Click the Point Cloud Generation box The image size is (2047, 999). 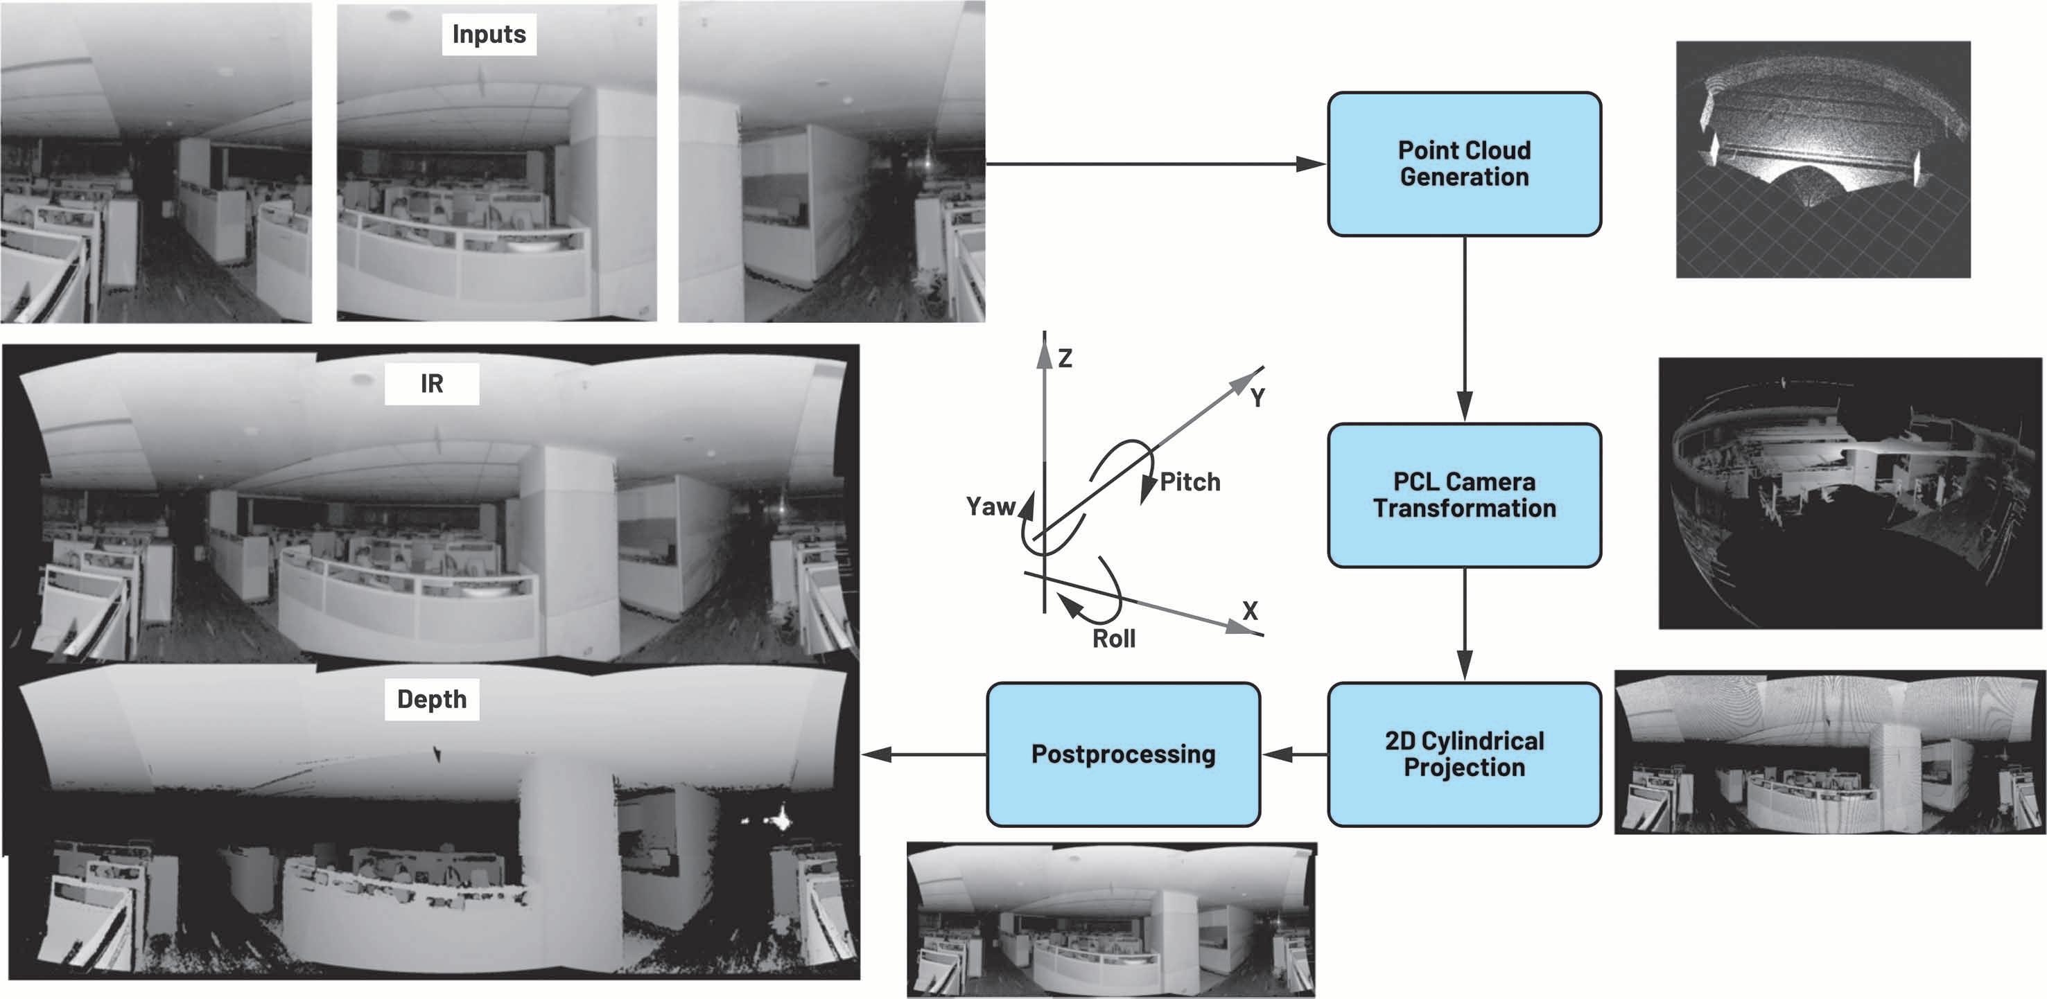coord(1464,163)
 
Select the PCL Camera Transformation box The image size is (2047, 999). coord(1464,495)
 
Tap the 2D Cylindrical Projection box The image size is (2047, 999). coord(1464,754)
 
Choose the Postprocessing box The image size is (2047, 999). coord(1123,754)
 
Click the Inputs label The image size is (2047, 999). coord(489,34)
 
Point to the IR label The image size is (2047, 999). coord(431,384)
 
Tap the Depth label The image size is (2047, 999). coord(431,699)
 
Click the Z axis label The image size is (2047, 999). coord(1065,358)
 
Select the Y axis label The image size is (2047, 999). coord(1257,397)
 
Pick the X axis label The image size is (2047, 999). coord(1250,610)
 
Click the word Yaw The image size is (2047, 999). coord(990,506)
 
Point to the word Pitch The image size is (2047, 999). coord(1190,481)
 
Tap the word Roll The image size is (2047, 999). coord(1113,639)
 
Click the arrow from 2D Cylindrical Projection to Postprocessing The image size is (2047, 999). coord(1293,754)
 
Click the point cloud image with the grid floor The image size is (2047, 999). coord(1823,159)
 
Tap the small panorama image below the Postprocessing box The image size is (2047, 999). coord(1111,919)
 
